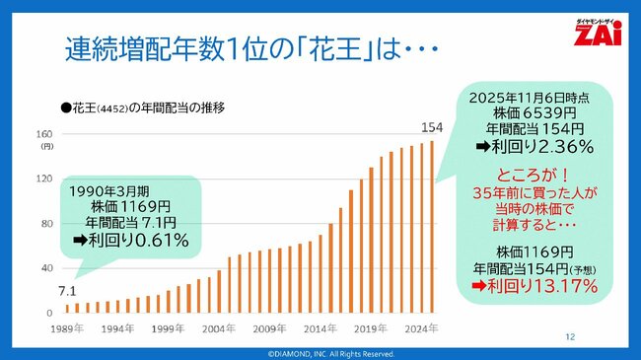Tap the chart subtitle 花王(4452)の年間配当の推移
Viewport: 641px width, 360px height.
tap(143, 107)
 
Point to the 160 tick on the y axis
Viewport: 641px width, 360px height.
tap(44, 134)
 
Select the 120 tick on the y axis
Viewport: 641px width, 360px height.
tap(44, 179)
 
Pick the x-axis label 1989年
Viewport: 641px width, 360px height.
tap(65, 328)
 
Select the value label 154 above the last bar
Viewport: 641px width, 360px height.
tap(431, 127)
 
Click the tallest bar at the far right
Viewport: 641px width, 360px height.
tap(431, 227)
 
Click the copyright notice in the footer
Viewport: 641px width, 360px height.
tap(320, 353)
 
